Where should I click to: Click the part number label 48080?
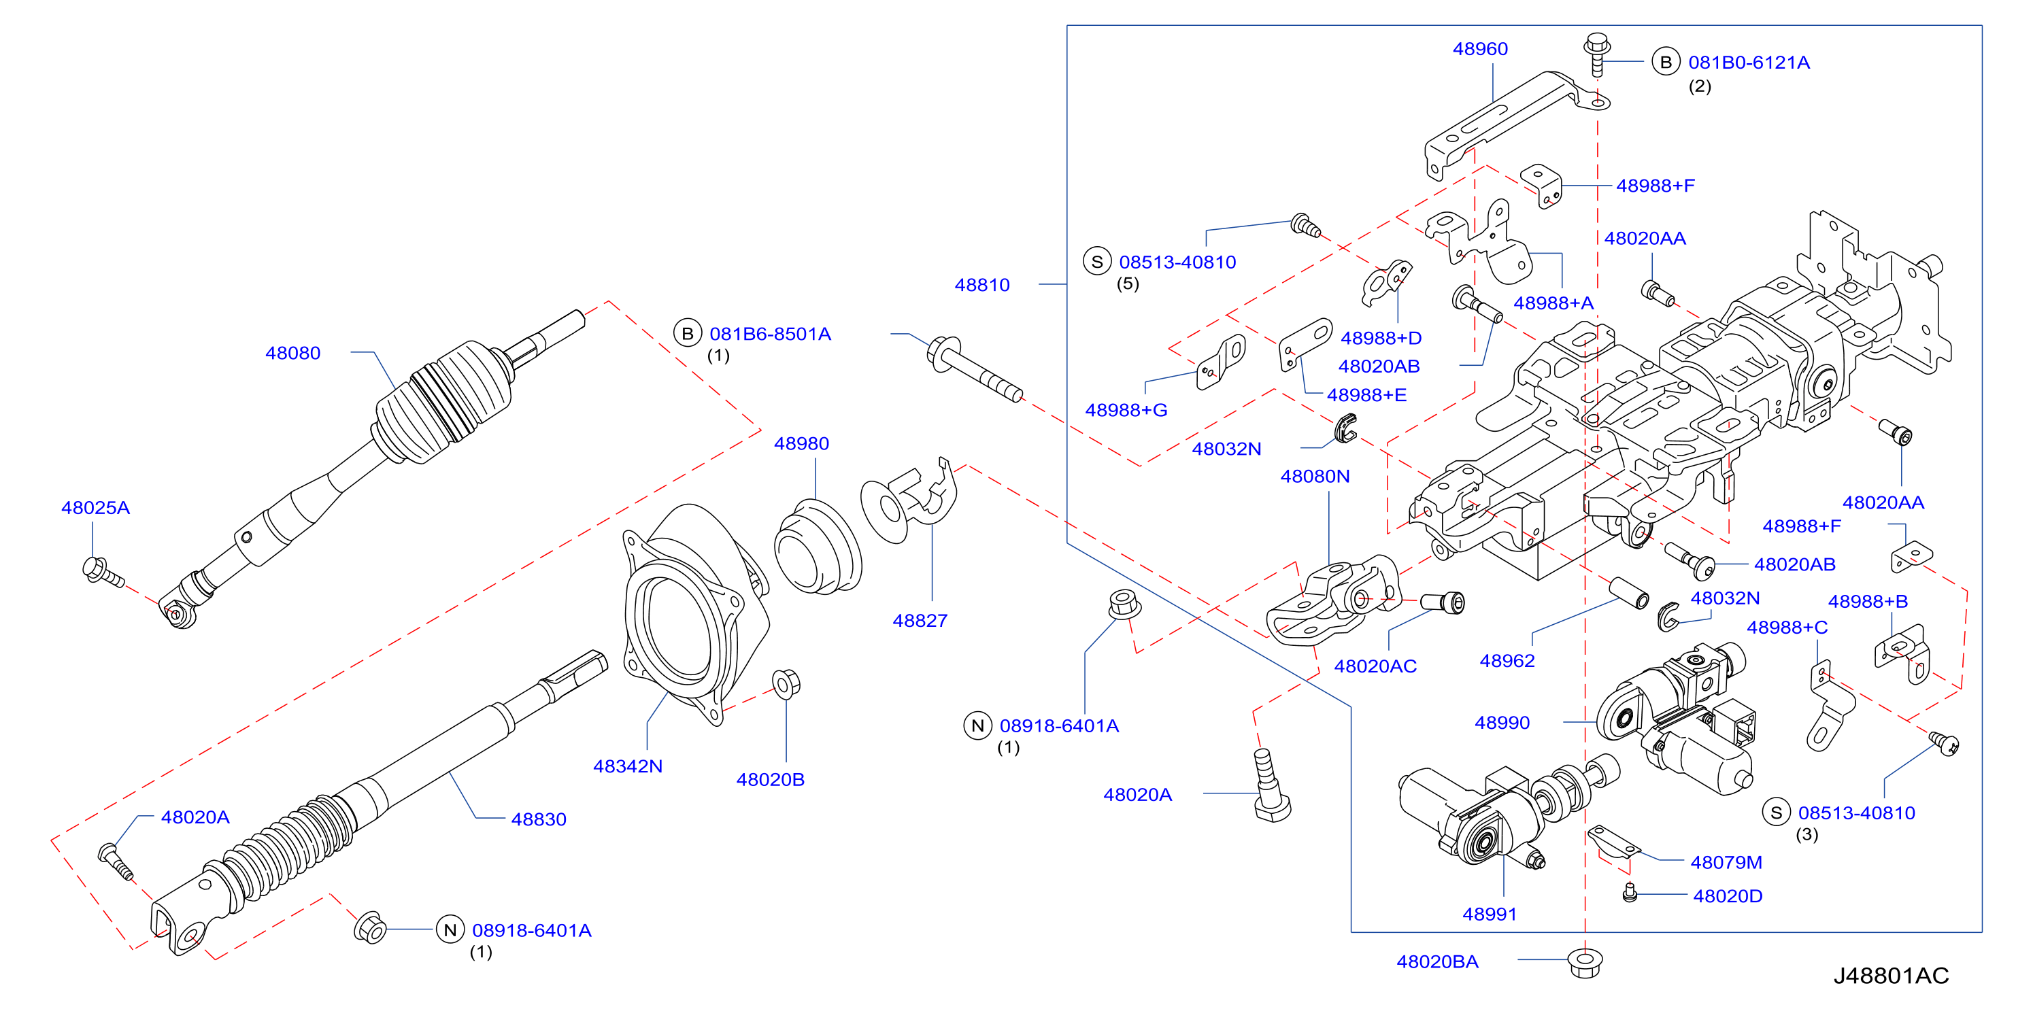(292, 353)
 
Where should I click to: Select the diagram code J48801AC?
(1891, 976)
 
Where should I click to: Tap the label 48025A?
(95, 507)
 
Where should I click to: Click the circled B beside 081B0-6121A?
(1665, 63)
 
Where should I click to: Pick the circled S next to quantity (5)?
(1097, 261)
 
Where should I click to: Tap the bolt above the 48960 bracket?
(1596, 54)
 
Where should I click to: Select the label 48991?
(1490, 914)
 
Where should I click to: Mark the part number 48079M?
(1726, 862)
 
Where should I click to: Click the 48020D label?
(1728, 895)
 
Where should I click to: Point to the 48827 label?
(920, 620)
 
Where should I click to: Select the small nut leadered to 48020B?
(786, 683)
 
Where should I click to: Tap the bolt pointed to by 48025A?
(103, 572)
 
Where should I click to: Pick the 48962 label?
(1507, 660)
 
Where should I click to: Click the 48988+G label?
(1126, 409)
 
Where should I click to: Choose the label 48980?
(801, 443)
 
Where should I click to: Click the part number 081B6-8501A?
(770, 334)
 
